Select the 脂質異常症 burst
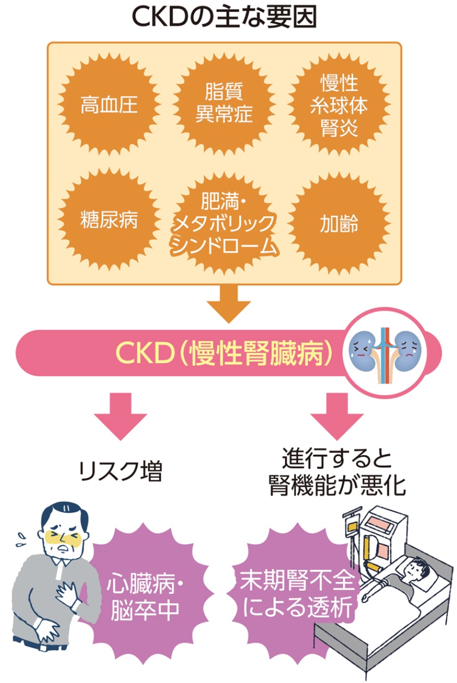coord(224,103)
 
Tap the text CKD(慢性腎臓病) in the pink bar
coord(224,353)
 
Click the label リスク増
coord(120,471)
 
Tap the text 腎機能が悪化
coord(337,486)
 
